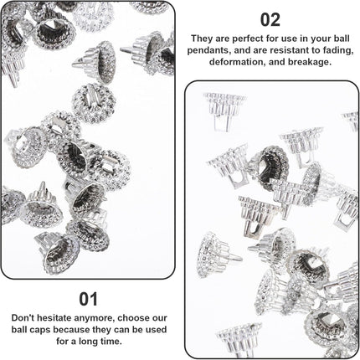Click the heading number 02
click(270, 18)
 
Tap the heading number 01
click(88, 298)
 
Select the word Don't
click(24, 318)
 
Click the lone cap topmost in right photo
click(224, 105)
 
